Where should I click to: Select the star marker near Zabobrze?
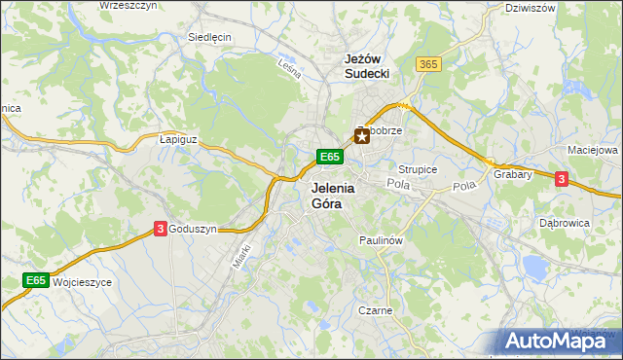(x=362, y=137)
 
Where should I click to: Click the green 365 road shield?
(x=427, y=63)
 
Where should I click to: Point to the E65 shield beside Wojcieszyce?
(x=36, y=280)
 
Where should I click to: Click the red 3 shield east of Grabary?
(x=562, y=178)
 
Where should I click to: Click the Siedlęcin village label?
(x=209, y=38)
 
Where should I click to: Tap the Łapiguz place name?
(x=178, y=139)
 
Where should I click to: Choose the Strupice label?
(x=418, y=168)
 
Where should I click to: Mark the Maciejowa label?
(x=593, y=151)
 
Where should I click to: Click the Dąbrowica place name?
(x=565, y=222)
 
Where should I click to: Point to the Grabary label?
(x=512, y=175)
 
